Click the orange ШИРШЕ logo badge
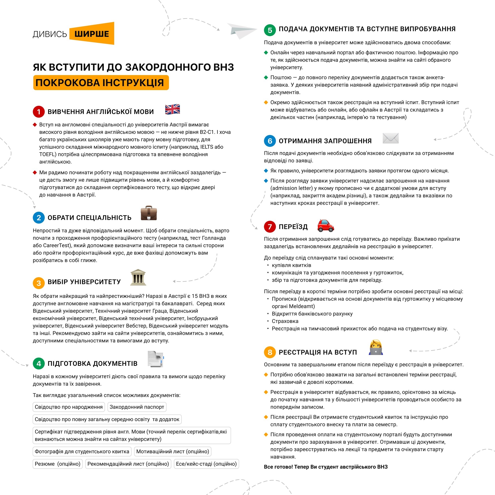pos(92,34)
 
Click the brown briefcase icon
pos(149,213)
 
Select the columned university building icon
pos(138,277)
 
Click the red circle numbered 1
pos(39,112)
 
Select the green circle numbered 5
pos(270,30)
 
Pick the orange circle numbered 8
pos(270,352)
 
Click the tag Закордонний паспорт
pos(137,407)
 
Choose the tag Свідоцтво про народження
pos(69,407)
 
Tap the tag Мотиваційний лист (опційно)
pos(173,451)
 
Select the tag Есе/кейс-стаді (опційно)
pos(206,464)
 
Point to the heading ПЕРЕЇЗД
pos(293,227)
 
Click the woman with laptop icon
pos(376,348)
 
